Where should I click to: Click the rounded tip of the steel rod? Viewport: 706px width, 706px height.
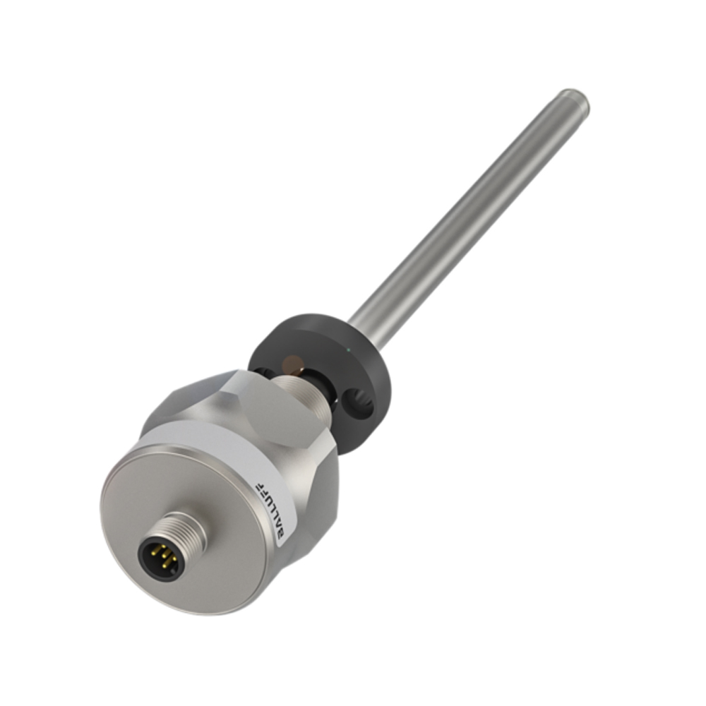[576, 100]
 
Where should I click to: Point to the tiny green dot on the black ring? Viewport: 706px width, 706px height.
[348, 349]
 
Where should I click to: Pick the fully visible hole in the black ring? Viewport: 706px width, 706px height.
[357, 402]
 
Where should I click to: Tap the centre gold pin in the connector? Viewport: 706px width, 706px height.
[164, 556]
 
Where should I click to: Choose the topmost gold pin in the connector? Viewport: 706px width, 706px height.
[164, 546]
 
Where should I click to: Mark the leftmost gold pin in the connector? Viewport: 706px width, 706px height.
[153, 554]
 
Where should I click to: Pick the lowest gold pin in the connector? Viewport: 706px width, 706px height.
[164, 566]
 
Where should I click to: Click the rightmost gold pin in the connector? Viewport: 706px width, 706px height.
[174, 558]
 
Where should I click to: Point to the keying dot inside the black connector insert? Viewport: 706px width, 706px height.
[173, 571]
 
